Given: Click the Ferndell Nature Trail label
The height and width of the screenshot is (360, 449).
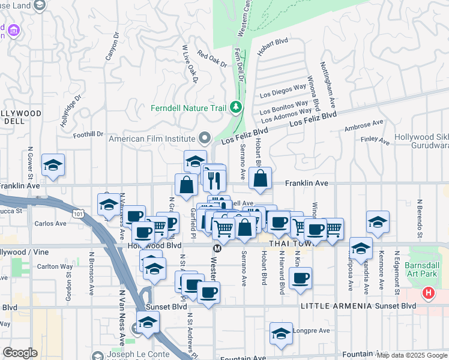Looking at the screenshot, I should tap(190, 108).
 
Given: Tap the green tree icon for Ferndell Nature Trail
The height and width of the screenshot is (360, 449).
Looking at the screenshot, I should tap(237, 107).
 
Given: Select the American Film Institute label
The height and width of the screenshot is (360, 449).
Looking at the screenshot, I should tap(154, 139).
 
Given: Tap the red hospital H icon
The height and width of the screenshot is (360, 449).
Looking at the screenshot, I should tap(428, 293).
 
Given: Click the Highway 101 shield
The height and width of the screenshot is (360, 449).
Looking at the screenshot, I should tap(77, 212).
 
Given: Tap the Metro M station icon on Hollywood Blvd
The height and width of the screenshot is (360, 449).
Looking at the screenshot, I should tap(217, 248).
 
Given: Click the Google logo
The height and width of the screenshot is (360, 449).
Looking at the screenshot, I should tap(20, 353).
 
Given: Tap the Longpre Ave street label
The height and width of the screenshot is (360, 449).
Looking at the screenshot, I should tap(314, 331).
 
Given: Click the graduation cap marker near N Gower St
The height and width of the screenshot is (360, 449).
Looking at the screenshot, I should tap(53, 166).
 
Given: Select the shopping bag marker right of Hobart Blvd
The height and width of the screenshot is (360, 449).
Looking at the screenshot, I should tap(260, 179).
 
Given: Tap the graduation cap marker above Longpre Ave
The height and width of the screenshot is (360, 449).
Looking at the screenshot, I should tap(280, 334).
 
